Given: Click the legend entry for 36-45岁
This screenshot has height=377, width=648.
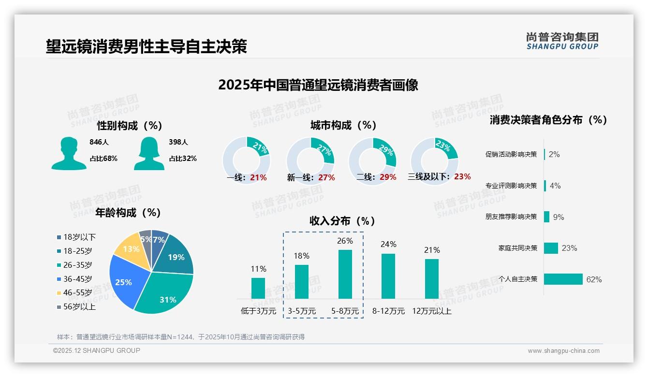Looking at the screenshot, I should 77,279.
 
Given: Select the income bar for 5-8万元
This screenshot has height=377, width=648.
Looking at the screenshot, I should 345,274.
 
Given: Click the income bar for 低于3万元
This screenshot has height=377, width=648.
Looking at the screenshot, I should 258,288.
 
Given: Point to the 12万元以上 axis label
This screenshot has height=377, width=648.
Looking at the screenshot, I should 431,311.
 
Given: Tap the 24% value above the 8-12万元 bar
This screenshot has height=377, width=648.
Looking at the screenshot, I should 388,245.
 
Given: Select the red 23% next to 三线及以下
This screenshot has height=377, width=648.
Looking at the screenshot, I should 462,177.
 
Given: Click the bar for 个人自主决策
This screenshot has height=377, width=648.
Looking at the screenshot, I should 563,279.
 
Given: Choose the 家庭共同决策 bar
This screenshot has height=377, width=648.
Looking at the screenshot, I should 551,248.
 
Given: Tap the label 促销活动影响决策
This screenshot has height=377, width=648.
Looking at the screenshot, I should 511,155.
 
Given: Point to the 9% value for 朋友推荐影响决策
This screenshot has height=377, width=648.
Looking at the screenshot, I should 559,217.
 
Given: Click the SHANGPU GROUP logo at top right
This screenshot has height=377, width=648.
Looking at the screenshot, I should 562,41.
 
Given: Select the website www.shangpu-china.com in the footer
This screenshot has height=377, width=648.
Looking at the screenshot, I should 563,351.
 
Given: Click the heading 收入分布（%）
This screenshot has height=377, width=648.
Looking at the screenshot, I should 342,221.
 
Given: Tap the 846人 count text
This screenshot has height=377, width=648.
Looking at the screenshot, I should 99,142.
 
